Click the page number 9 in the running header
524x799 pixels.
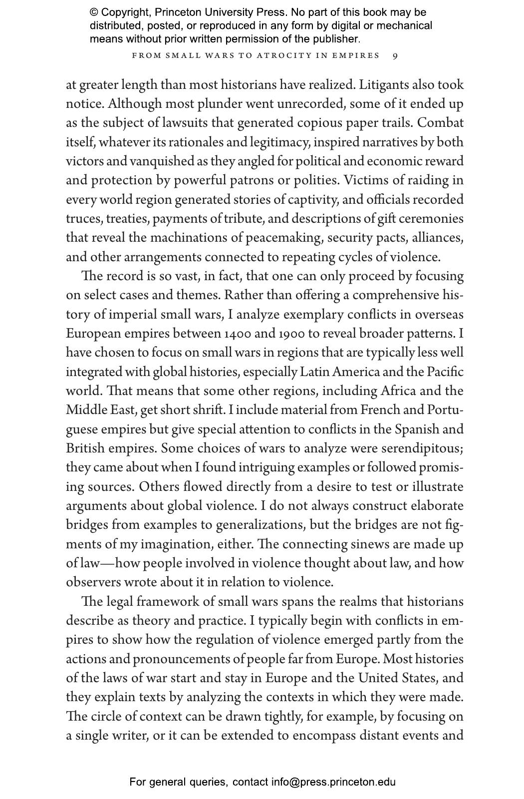pyautogui.click(x=395, y=56)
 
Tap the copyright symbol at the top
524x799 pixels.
pyautogui.click(x=94, y=12)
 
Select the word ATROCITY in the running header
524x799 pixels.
pyautogui.click(x=279, y=56)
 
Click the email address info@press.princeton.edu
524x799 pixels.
pyautogui.click(x=333, y=782)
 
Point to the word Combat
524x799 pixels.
pyautogui.click(x=441, y=123)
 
